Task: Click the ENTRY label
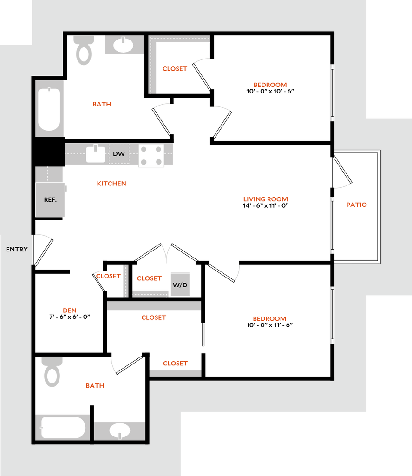click(x=17, y=250)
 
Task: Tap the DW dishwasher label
click(x=119, y=154)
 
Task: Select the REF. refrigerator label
click(x=50, y=199)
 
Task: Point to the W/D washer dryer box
click(x=180, y=284)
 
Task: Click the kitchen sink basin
click(x=96, y=154)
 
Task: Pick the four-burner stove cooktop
click(x=151, y=156)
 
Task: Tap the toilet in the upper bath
click(x=84, y=51)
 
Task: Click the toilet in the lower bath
click(x=52, y=371)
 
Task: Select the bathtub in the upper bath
click(x=49, y=109)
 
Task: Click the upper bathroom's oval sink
click(x=124, y=45)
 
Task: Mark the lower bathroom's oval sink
click(x=120, y=430)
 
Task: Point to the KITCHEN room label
click(x=112, y=184)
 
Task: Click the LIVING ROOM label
click(x=266, y=199)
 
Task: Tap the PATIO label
click(x=357, y=205)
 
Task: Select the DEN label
click(x=70, y=311)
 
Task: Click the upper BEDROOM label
click(x=270, y=85)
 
